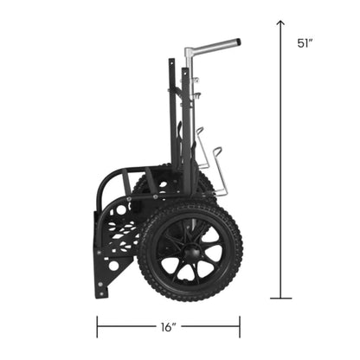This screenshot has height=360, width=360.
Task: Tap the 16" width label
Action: point(169,326)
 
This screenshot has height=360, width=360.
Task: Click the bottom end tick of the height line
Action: point(280,299)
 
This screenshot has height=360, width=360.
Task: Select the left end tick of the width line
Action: point(97,326)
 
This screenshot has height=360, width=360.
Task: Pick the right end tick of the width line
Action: point(240,326)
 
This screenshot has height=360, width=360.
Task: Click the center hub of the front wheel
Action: point(191,251)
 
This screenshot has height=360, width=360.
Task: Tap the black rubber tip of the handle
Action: point(236,42)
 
